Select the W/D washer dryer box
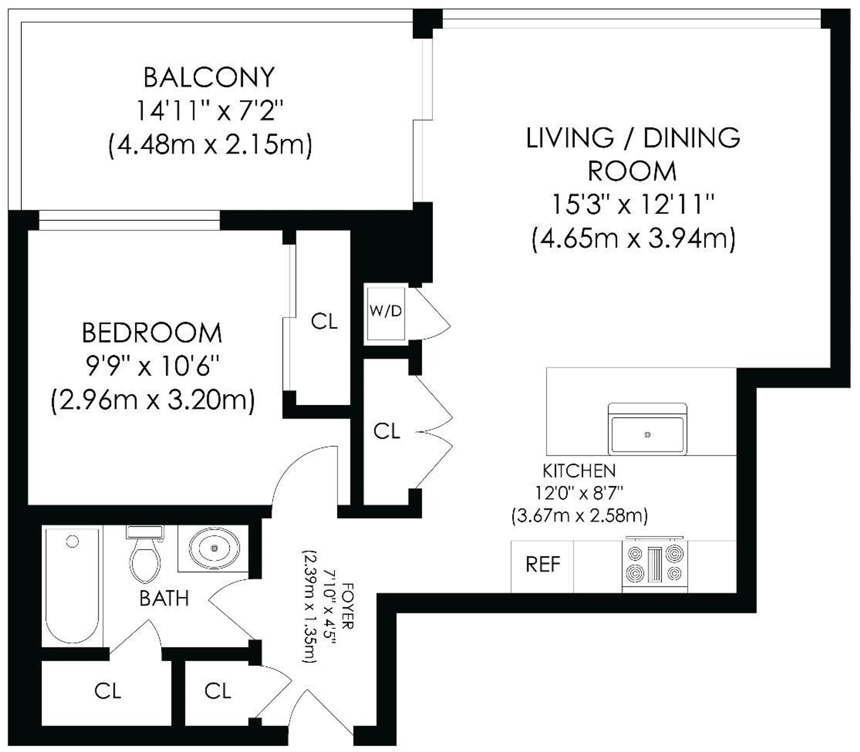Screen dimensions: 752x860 [x=385, y=313]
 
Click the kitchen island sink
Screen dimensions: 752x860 [x=647, y=434]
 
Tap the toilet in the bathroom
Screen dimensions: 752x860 [x=145, y=556]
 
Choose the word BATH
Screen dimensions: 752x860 [x=164, y=598]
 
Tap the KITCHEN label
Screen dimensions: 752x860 [x=579, y=471]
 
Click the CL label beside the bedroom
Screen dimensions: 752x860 [x=324, y=322]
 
